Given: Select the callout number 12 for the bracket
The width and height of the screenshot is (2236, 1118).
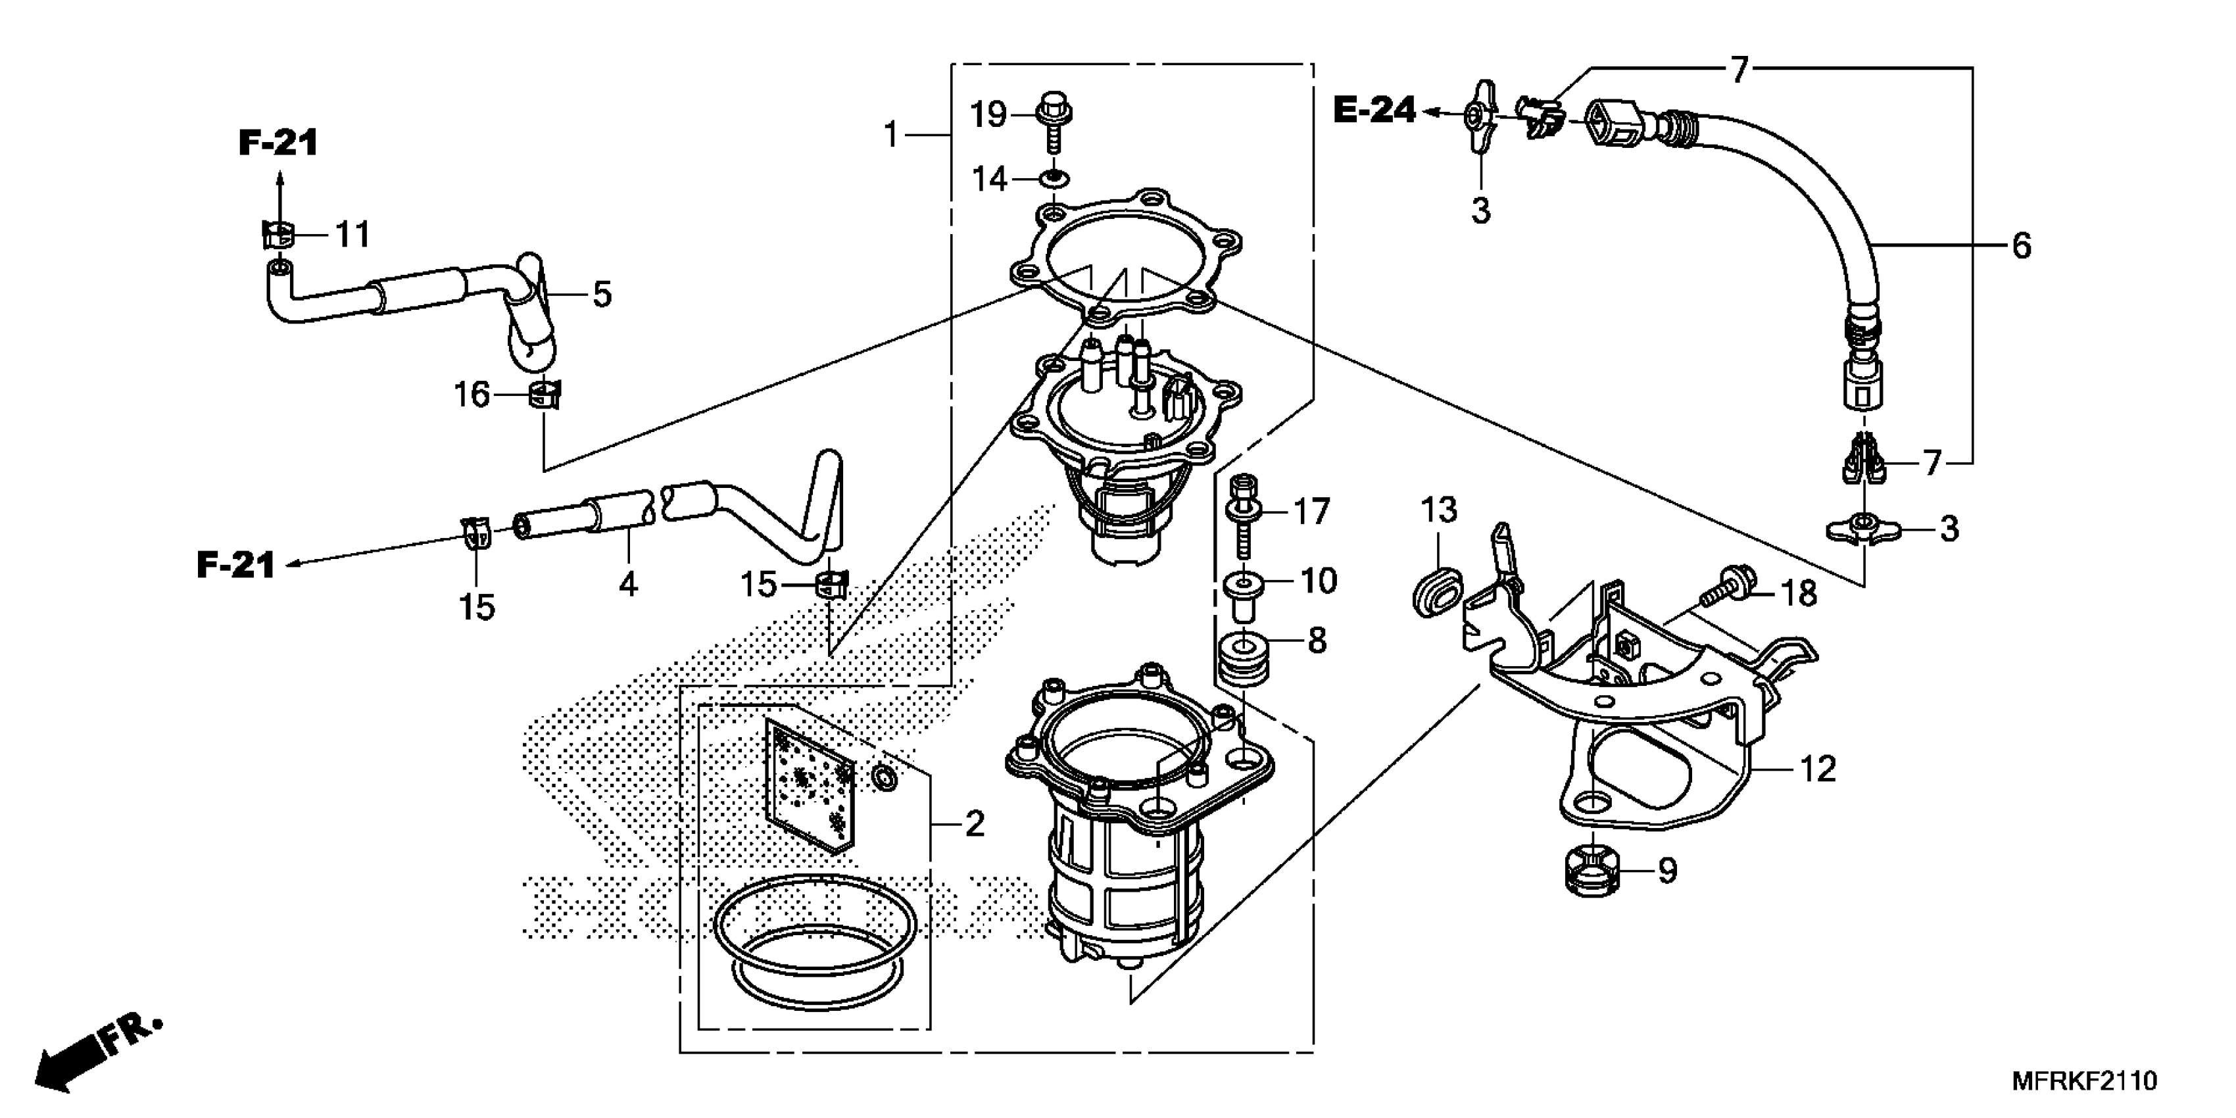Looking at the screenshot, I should [x=1818, y=769].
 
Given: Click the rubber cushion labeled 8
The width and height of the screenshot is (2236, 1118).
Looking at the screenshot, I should [x=1243, y=660].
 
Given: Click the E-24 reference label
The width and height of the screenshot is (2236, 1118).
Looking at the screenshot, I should [x=1374, y=111].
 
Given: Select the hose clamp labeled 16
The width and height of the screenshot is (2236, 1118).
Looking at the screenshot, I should [x=545, y=396].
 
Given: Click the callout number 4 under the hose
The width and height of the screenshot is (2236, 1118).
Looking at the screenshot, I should [x=629, y=584].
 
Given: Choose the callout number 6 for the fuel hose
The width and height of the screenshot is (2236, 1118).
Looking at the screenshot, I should [x=2022, y=247].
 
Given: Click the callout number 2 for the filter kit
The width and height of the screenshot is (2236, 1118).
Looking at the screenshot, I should [x=975, y=823].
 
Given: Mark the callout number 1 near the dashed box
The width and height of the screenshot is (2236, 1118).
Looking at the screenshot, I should [x=890, y=135].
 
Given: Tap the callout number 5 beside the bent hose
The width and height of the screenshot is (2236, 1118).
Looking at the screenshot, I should [x=602, y=294].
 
